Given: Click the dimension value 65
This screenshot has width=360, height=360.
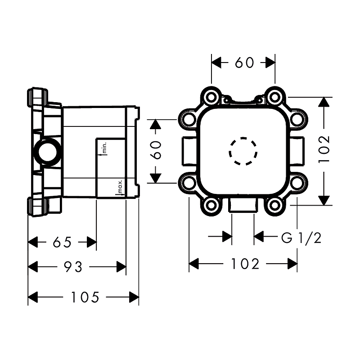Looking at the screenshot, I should (62, 243).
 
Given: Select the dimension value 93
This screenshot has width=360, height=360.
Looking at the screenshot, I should (73, 267).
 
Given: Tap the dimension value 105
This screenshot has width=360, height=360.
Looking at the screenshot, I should (85, 297).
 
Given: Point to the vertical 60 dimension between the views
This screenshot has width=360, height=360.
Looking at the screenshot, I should (156, 150).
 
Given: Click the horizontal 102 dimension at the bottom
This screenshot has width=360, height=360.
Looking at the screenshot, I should (245, 264).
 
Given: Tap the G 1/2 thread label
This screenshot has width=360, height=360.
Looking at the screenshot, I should (301, 238).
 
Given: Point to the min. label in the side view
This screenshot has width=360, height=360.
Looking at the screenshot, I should (103, 148).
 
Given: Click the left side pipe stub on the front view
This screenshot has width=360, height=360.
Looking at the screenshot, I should (188, 151).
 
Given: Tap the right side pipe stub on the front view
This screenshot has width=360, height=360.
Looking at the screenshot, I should (297, 151).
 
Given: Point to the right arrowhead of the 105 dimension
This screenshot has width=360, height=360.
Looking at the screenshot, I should (134, 297).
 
